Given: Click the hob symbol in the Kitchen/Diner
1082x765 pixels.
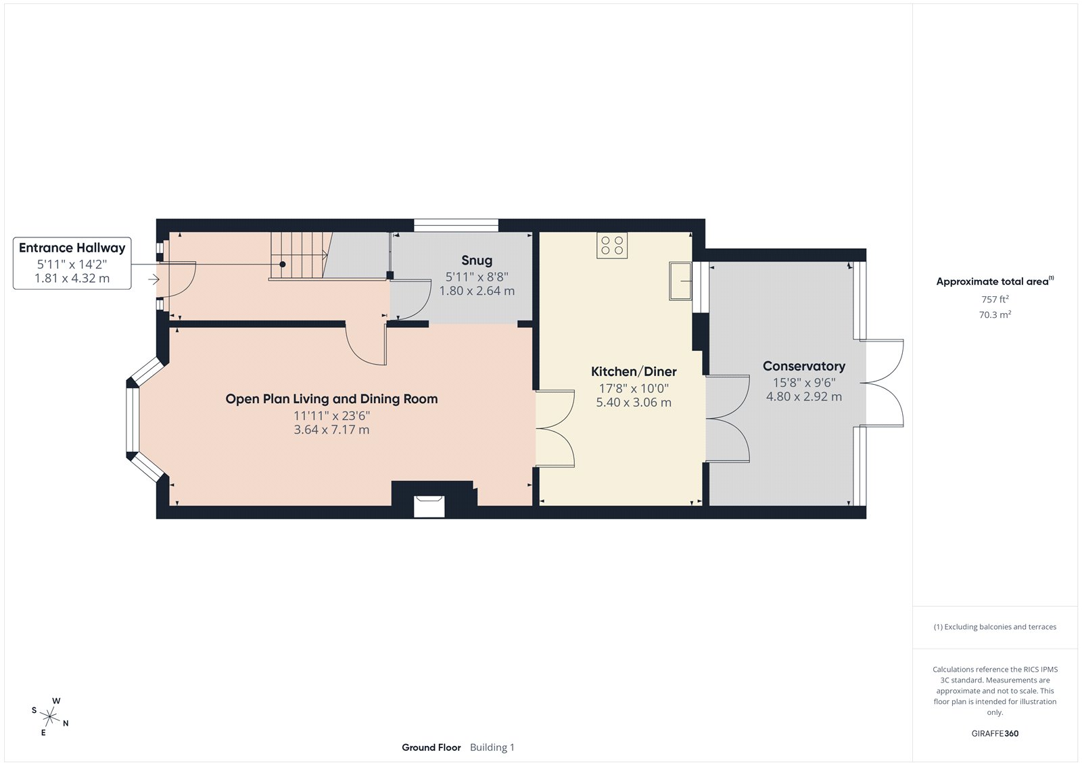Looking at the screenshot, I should [x=612, y=246].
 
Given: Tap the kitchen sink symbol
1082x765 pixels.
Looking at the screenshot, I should [x=680, y=281].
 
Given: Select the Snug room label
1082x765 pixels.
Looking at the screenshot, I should [x=477, y=260].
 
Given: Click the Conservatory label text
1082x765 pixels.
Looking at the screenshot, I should [x=804, y=366].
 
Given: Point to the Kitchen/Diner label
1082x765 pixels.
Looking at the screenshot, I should [x=634, y=371].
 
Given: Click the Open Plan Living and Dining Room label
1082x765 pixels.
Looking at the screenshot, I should [x=331, y=399].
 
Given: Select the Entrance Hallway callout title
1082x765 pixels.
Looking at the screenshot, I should [x=72, y=248].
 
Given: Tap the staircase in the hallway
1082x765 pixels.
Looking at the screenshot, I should [x=298, y=255].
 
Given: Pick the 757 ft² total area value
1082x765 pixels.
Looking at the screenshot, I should [x=995, y=299].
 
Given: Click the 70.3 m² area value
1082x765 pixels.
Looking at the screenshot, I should [x=995, y=315].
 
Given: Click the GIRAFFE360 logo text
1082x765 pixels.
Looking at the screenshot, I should [x=995, y=733].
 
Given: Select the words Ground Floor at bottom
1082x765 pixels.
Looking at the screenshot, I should [x=431, y=747].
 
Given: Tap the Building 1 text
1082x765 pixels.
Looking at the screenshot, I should [x=492, y=747].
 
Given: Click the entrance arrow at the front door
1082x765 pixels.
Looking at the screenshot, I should [x=154, y=279].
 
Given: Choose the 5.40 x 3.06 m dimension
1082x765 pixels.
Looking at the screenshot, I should [x=634, y=402].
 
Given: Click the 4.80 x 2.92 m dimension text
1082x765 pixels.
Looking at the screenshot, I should [x=804, y=397].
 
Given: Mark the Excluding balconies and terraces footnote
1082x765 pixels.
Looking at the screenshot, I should [x=995, y=627].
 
